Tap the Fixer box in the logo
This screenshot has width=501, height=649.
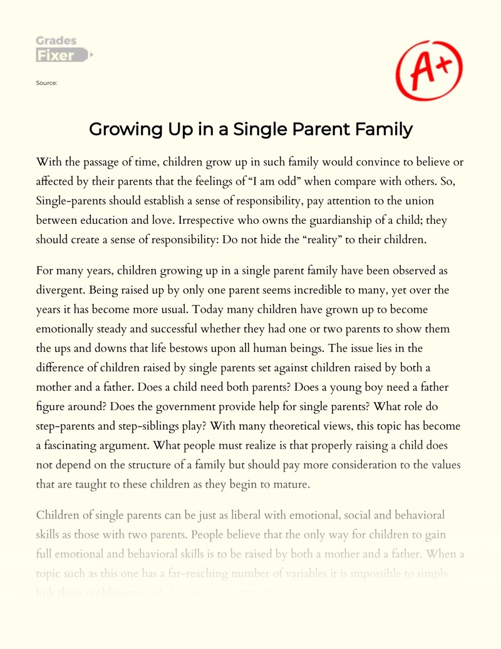tap(56, 56)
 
